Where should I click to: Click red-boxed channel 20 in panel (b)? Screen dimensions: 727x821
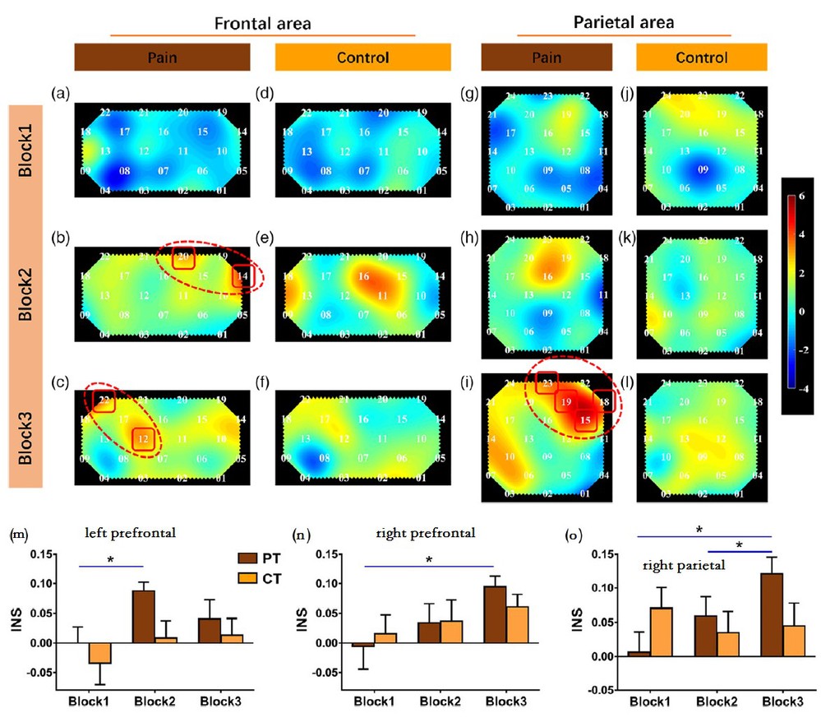pyautogui.click(x=183, y=257)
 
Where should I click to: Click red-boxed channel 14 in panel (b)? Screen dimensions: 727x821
pyautogui.click(x=242, y=277)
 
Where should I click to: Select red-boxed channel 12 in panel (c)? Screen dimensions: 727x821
pyautogui.click(x=142, y=439)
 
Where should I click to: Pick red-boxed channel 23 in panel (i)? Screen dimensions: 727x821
pyautogui.click(x=548, y=382)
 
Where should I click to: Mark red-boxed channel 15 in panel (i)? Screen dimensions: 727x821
pyautogui.click(x=585, y=421)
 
